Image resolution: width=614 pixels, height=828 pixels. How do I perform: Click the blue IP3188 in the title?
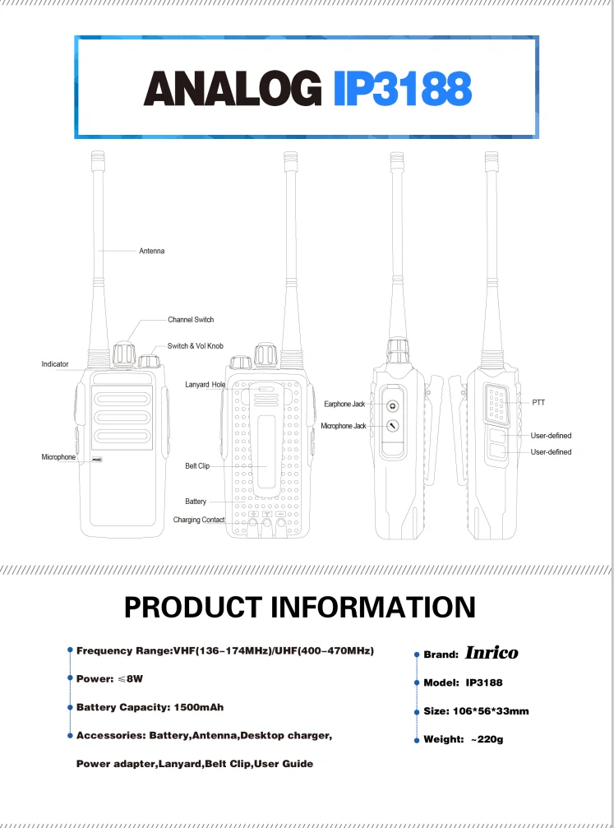(x=403, y=89)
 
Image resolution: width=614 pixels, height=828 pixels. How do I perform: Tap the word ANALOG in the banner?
(x=233, y=89)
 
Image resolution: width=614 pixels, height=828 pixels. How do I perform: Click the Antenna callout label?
(x=151, y=251)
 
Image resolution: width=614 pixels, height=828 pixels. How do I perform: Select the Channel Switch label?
(x=191, y=319)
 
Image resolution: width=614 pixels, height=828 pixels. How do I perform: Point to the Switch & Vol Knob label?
(x=196, y=346)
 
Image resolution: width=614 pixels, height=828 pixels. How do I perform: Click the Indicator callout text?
(x=55, y=363)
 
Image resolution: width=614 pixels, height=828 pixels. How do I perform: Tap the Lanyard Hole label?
(x=205, y=384)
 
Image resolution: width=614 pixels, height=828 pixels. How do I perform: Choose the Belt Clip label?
(x=197, y=466)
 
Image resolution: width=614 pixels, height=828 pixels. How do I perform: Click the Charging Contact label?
(x=198, y=520)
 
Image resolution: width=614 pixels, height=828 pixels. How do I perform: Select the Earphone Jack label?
(x=344, y=404)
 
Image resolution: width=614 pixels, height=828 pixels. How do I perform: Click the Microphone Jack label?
(x=343, y=426)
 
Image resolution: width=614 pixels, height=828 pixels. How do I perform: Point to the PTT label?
(x=538, y=402)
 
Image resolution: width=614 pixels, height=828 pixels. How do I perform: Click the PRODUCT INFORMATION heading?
(x=300, y=608)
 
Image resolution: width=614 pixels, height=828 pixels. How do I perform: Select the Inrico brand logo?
(x=492, y=653)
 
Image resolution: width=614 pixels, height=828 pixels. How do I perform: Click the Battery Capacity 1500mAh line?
(x=150, y=707)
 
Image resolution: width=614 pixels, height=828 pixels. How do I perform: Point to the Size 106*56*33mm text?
(x=476, y=711)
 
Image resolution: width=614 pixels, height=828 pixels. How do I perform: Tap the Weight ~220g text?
(x=463, y=739)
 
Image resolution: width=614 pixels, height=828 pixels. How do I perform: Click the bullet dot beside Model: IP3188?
(x=416, y=682)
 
